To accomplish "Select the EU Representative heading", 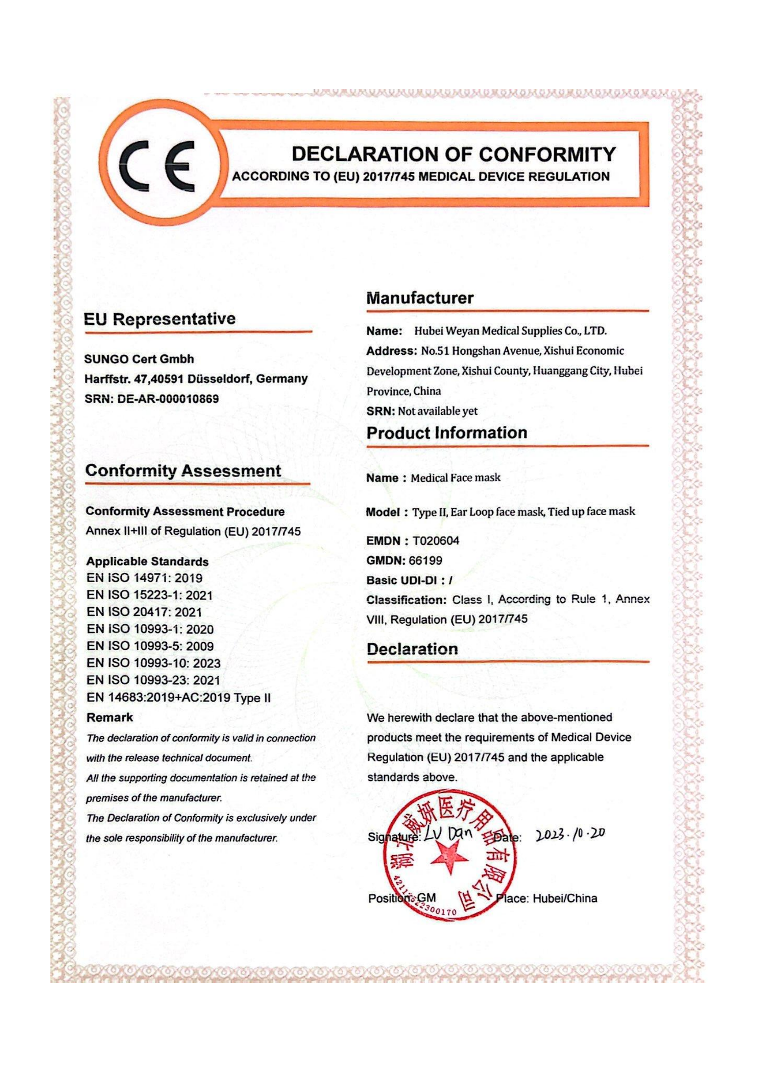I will click(x=159, y=319).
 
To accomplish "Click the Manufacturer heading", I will click(x=420, y=298).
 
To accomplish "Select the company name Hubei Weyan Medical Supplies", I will click(x=510, y=331).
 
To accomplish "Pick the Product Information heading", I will click(x=447, y=432).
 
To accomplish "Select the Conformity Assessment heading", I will click(x=183, y=471).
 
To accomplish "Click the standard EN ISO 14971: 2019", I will click(x=144, y=578).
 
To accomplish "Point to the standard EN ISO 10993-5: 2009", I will click(x=150, y=646).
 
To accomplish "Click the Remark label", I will click(x=110, y=717).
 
